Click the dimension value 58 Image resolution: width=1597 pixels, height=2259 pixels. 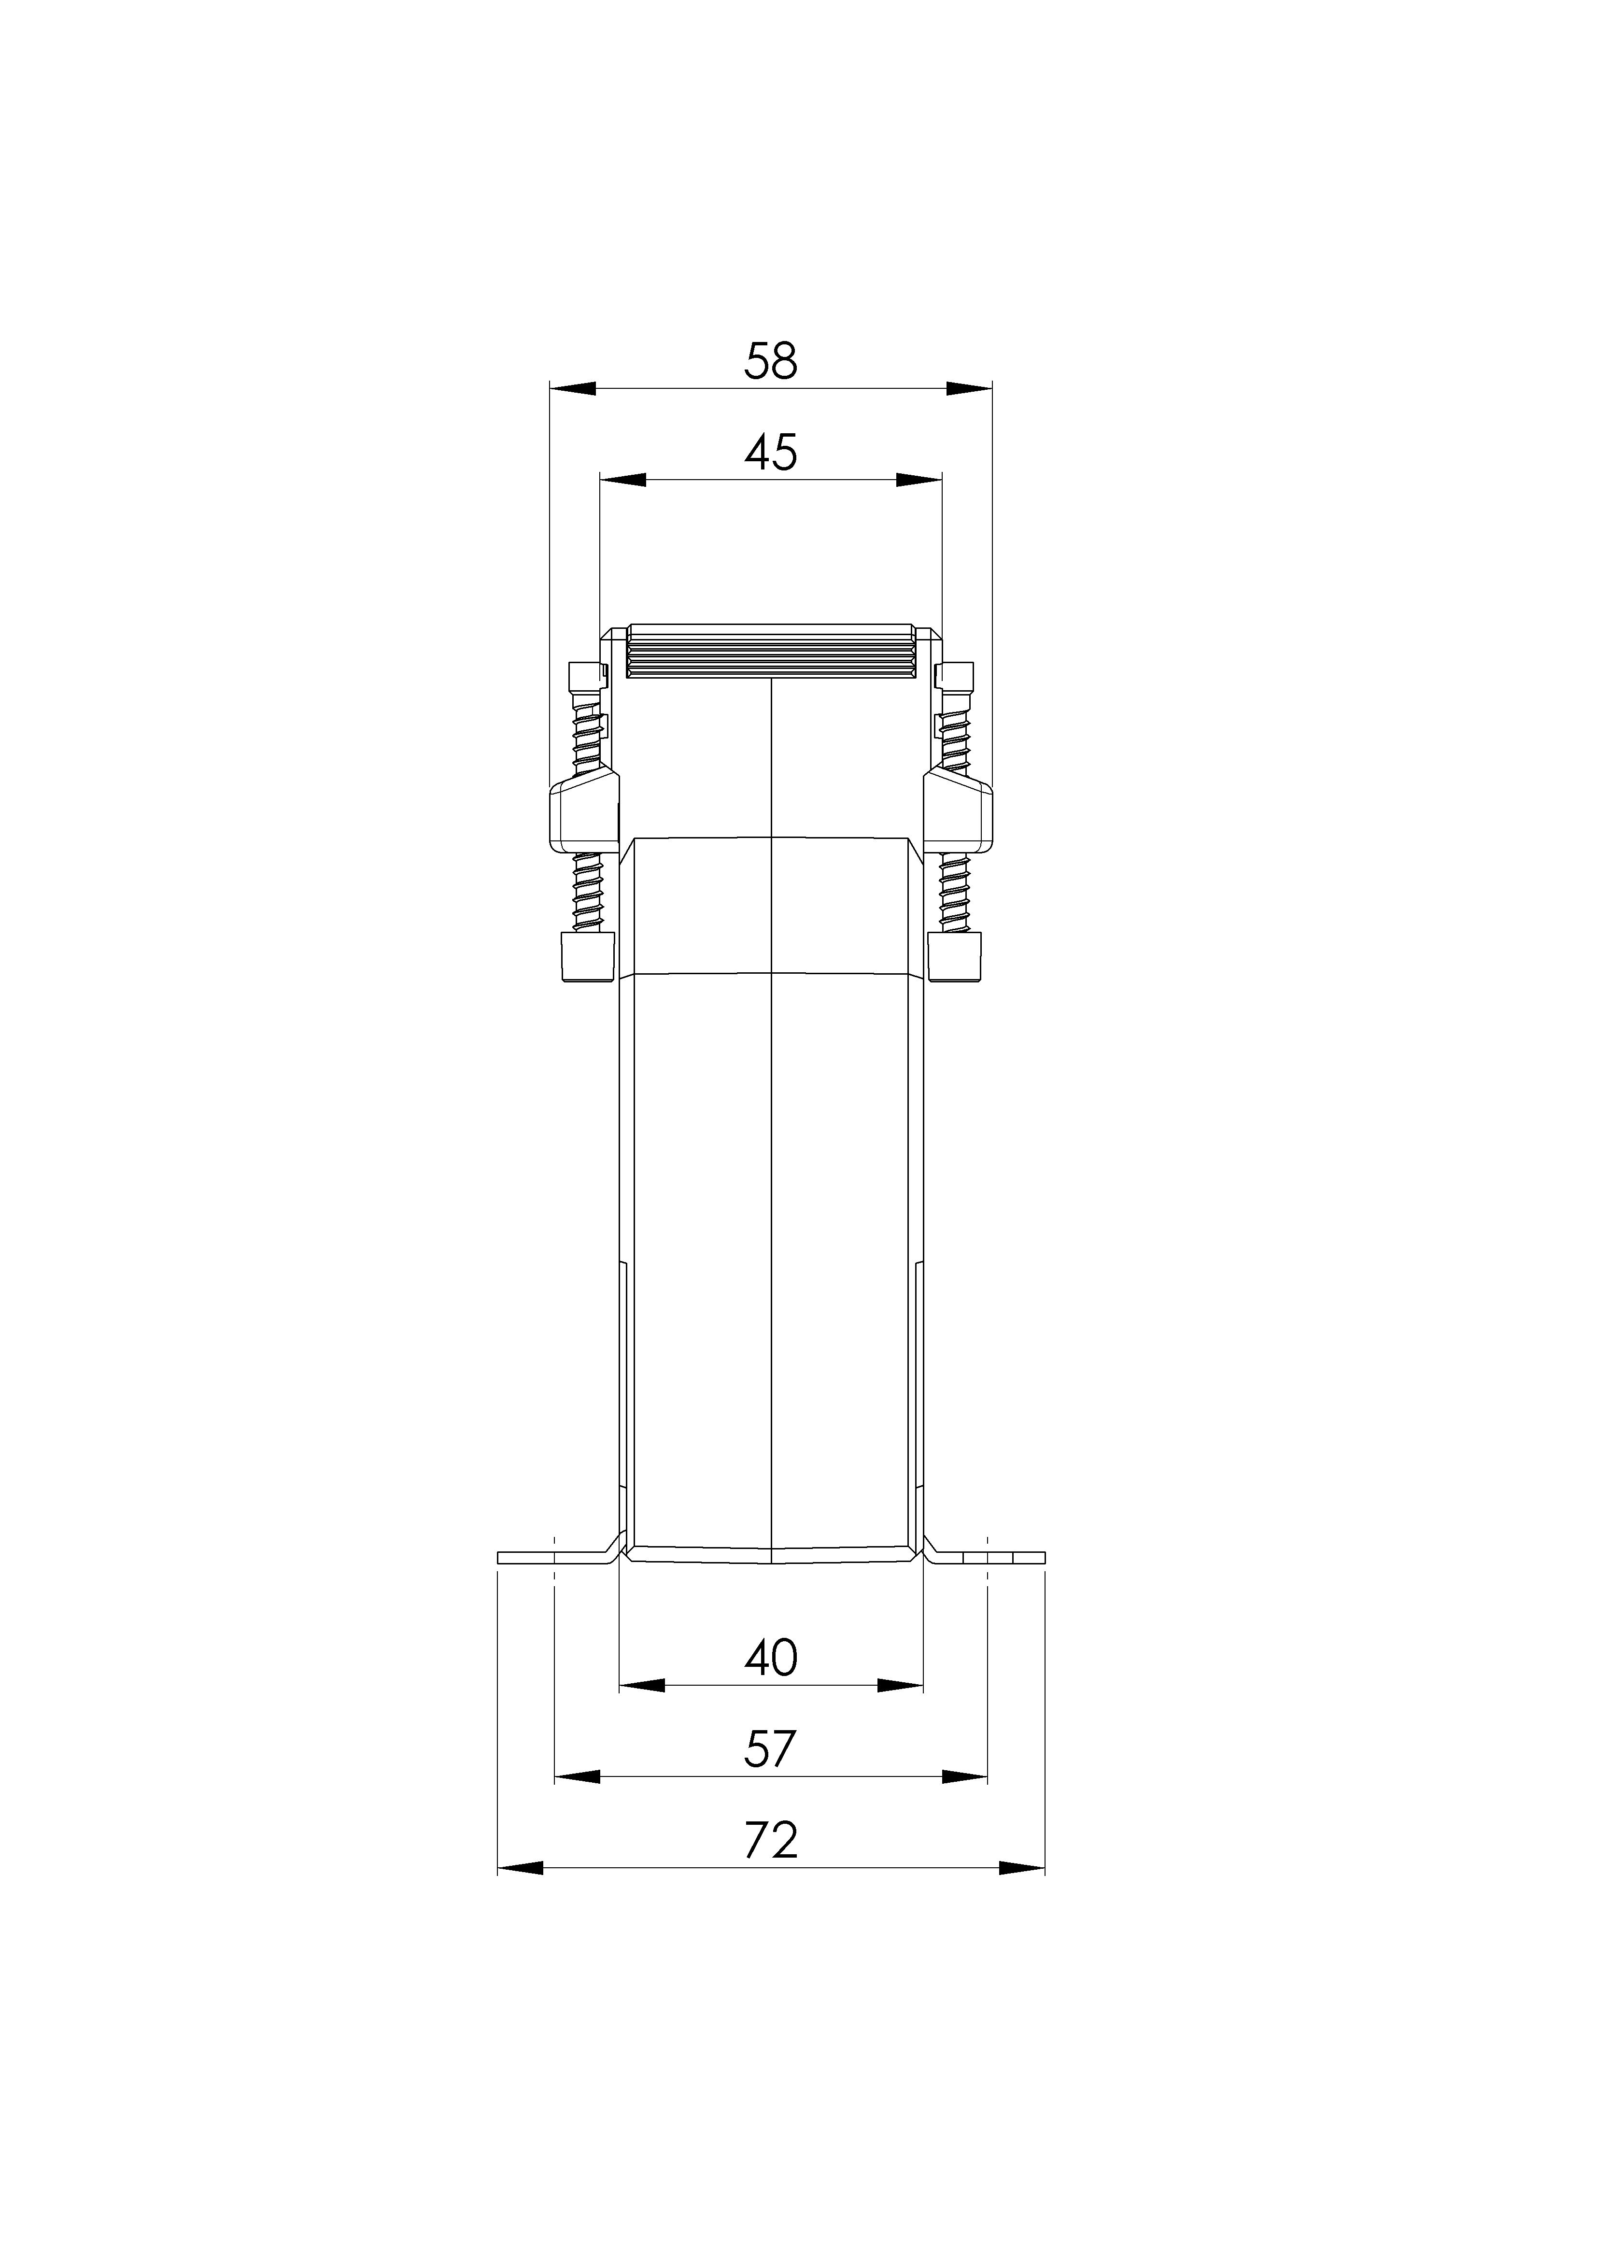click(770, 361)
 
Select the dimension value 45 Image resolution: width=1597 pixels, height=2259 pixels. click(770, 453)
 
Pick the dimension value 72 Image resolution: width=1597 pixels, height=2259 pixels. click(770, 1841)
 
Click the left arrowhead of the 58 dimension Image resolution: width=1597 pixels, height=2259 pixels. click(573, 389)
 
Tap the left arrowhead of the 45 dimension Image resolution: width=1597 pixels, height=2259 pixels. click(623, 480)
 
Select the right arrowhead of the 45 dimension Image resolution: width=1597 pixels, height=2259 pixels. click(919, 480)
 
